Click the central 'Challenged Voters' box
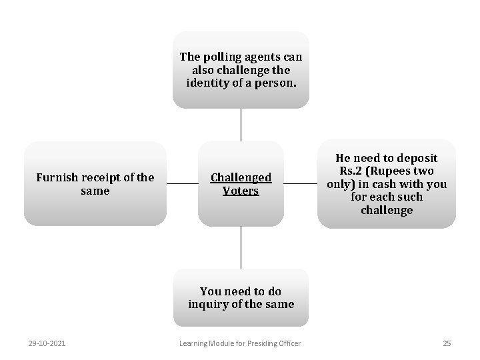click(x=241, y=183)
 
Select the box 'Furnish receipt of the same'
click(x=95, y=183)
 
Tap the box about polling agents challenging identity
click(x=241, y=69)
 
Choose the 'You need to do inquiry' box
click(x=241, y=297)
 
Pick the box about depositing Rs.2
click(x=387, y=183)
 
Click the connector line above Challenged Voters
click(x=241, y=125)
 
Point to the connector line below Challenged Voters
click(x=241, y=247)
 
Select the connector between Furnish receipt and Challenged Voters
click(x=182, y=183)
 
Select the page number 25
click(x=447, y=343)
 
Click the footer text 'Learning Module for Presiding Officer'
click(x=240, y=343)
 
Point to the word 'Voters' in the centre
click(x=241, y=191)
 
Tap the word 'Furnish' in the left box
click(x=57, y=177)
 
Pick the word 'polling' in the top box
click(x=223, y=57)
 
